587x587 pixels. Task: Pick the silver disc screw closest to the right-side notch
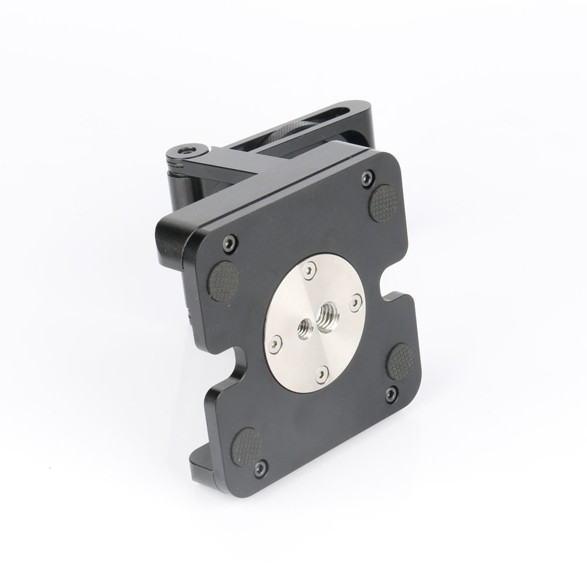pos(355,301)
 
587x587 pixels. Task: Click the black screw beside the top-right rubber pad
pos(367,175)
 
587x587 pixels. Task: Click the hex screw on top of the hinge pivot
pos(186,151)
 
